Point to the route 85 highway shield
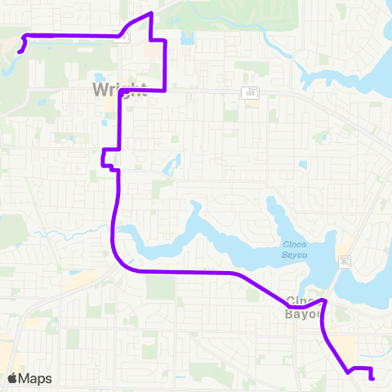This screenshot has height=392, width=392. point(347,261)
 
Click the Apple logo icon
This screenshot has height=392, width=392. point(13,378)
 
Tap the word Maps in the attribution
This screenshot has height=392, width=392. point(36,378)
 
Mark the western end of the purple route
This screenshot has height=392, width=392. point(18,53)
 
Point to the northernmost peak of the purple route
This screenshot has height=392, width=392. point(150,15)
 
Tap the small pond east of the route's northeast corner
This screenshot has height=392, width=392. point(188,38)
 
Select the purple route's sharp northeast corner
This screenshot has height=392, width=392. point(166,40)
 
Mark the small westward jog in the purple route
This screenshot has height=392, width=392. point(104,158)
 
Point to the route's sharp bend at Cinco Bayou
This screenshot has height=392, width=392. point(325,301)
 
